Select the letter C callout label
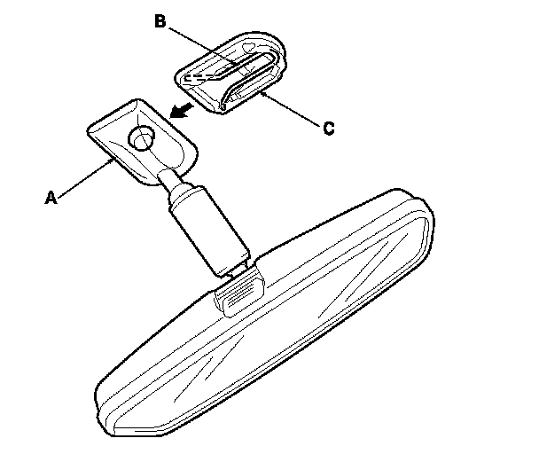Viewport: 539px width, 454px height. point(327,129)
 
